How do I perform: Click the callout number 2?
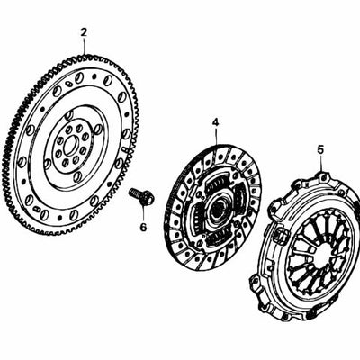[84, 32]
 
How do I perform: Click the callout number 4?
[216, 122]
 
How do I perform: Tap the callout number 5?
[321, 149]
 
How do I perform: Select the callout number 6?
[143, 227]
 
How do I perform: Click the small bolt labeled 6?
[142, 196]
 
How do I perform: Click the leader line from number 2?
[84, 46]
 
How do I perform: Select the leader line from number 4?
[216, 136]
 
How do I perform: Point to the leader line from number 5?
[321, 163]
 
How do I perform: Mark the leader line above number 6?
[143, 213]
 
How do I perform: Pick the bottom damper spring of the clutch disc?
[217, 238]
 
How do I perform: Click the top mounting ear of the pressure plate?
[322, 176]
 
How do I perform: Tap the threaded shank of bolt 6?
[135, 193]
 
